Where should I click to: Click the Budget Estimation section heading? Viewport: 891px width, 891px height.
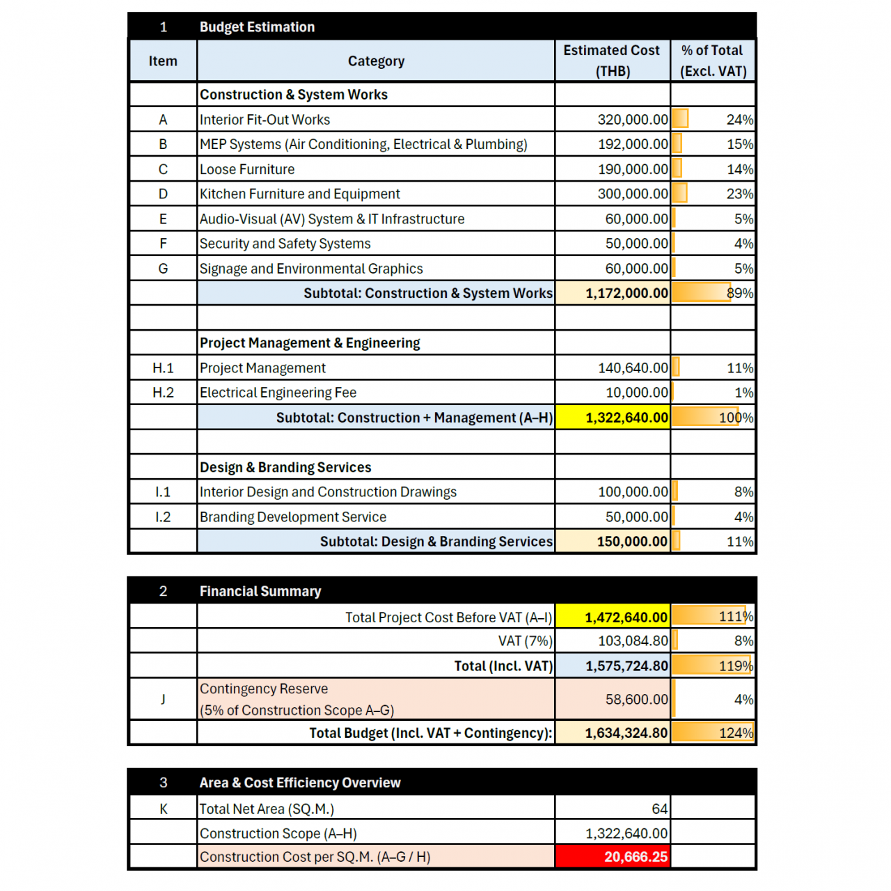[x=257, y=27]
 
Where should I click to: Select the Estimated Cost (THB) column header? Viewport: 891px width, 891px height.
[x=612, y=61]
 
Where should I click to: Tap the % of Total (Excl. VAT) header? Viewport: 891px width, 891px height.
[x=713, y=61]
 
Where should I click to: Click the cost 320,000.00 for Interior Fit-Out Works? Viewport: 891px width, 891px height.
[x=632, y=120]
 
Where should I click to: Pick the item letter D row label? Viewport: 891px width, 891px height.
[x=163, y=194]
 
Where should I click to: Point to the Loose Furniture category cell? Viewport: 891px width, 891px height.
[x=247, y=169]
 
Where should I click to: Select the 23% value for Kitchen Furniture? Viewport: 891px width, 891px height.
[x=739, y=194]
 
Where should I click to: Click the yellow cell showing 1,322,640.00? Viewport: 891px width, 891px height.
[x=626, y=418]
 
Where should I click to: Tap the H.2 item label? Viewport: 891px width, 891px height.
[x=163, y=393]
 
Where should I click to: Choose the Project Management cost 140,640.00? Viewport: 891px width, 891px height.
[x=632, y=368]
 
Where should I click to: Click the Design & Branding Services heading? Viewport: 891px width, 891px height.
[x=285, y=467]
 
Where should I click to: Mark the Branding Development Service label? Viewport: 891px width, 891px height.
[x=293, y=517]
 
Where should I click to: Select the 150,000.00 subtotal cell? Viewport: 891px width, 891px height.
[x=631, y=542]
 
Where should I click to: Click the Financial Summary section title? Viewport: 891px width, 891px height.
[x=260, y=591]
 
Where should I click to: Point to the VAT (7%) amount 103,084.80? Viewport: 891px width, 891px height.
[x=632, y=641]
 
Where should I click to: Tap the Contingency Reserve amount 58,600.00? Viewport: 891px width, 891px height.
[x=636, y=699]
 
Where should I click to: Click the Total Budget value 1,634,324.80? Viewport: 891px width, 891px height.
[x=626, y=733]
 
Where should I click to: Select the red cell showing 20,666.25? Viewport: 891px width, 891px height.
[x=635, y=857]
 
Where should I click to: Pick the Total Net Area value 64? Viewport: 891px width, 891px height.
[x=659, y=809]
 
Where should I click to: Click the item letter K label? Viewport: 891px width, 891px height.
[x=163, y=809]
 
